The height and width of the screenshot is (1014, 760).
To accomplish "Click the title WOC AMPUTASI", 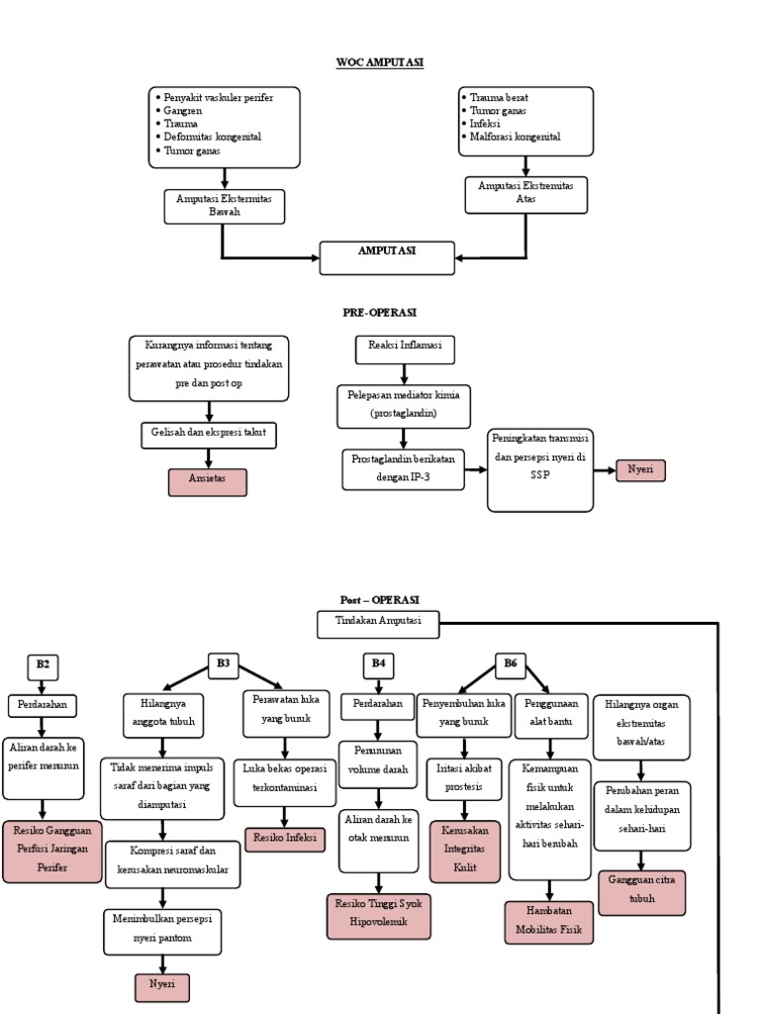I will [379, 62].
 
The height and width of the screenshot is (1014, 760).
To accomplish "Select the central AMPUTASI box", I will [387, 257].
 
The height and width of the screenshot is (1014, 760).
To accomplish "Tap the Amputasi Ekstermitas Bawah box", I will [224, 205].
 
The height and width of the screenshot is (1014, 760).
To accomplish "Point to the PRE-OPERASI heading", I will [379, 312].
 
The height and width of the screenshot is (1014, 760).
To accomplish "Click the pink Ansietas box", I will [207, 482].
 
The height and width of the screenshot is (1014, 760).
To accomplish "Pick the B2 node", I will [43, 665].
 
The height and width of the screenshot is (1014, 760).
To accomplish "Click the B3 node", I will [223, 665].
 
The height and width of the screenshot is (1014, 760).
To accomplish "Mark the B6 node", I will [511, 665].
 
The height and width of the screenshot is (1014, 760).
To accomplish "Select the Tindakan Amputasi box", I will [377, 624].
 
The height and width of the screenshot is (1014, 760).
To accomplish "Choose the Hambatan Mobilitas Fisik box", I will [549, 921].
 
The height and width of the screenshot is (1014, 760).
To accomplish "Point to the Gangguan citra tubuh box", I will [641, 891].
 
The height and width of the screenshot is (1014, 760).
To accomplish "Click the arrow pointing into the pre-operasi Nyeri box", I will [606, 470].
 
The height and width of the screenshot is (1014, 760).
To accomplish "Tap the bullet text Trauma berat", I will [500, 98].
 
